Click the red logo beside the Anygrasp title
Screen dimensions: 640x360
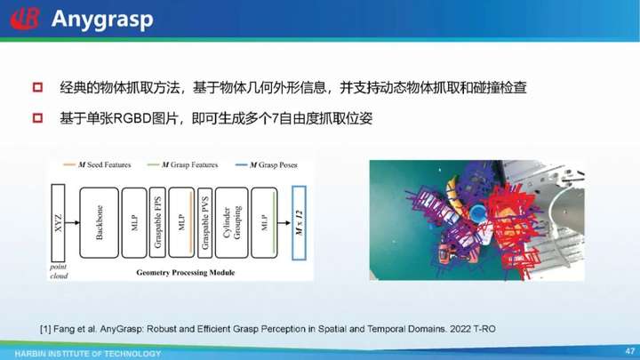pos(25,19)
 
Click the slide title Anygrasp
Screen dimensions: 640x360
pos(102,20)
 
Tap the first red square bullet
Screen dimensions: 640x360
pos(37,87)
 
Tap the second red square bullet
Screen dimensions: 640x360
pos(37,118)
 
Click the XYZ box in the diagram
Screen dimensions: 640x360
pos(58,223)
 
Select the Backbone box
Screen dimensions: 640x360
pos(100,223)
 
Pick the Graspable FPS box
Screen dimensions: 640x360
pos(157,222)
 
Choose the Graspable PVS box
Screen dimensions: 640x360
pos(205,223)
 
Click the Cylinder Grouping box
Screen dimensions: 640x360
pos(231,223)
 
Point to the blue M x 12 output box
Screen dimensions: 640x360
pos(299,223)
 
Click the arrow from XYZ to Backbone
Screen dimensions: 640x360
pos(72,223)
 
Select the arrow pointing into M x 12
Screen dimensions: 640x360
pos(284,223)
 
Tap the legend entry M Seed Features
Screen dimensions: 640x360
pos(97,165)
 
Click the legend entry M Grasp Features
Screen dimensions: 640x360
pos(182,165)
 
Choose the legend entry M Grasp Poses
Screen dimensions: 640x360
pos(267,165)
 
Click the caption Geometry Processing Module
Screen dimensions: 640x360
pos(186,273)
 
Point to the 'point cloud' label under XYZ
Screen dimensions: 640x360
pos(59,271)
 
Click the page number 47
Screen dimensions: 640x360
pos(630,351)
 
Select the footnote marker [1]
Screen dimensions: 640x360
pos(45,329)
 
